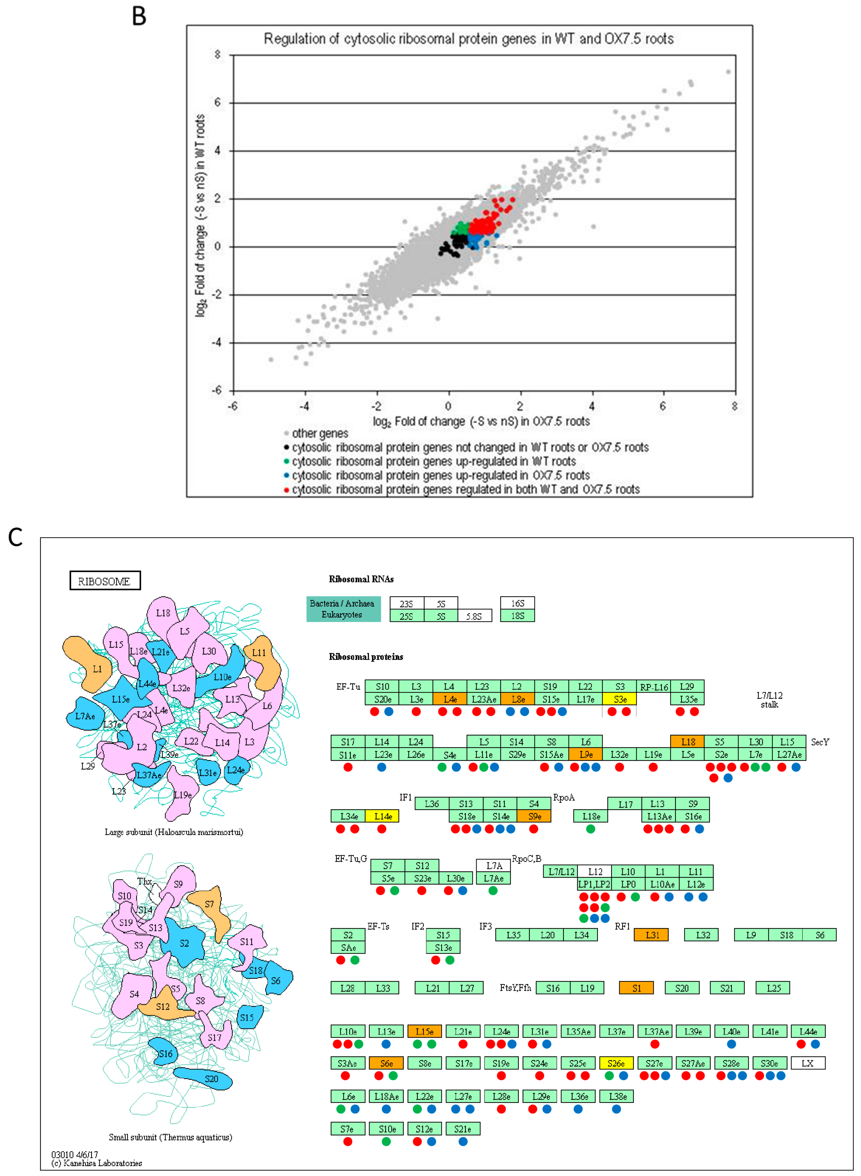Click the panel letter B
tap(139, 16)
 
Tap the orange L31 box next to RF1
tap(651, 935)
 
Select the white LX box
tap(807, 1063)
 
